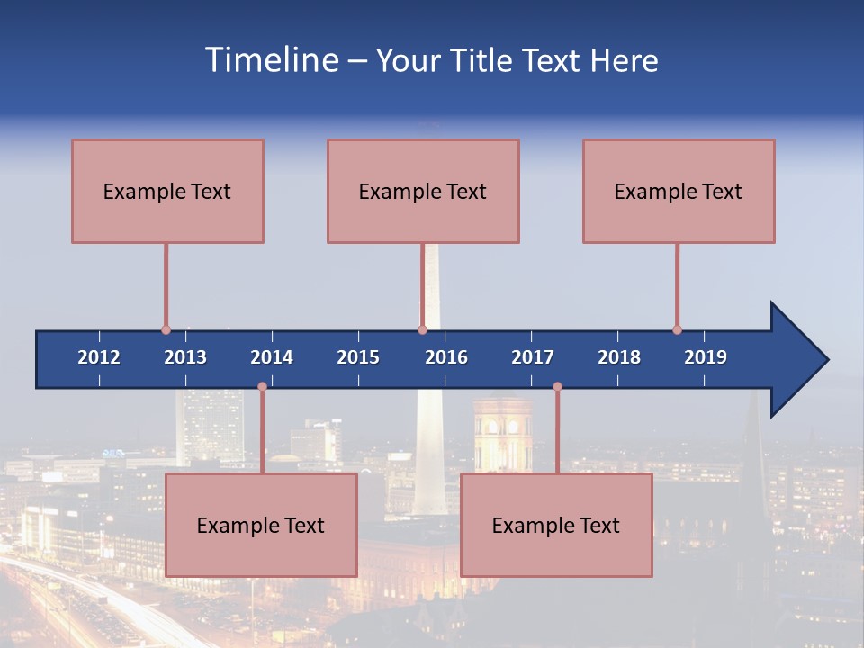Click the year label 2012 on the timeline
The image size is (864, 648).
(x=99, y=357)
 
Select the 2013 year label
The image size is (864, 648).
(x=185, y=357)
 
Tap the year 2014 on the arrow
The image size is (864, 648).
(x=272, y=357)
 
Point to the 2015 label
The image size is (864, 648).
(x=358, y=357)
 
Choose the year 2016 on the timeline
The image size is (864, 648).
(x=446, y=357)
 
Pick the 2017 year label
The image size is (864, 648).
(x=533, y=357)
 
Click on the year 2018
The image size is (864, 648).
(x=619, y=357)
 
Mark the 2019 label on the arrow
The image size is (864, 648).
(x=706, y=357)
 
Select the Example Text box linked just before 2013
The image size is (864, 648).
(x=167, y=191)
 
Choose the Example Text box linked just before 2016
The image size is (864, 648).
(x=423, y=191)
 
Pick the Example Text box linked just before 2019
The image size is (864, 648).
(x=679, y=191)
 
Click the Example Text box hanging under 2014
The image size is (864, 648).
(x=261, y=525)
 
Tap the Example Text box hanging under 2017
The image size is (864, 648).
(x=556, y=525)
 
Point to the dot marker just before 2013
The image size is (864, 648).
(x=166, y=329)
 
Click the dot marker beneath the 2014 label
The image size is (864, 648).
(x=262, y=387)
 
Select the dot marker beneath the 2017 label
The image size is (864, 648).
(x=557, y=387)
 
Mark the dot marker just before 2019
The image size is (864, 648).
(x=677, y=329)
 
